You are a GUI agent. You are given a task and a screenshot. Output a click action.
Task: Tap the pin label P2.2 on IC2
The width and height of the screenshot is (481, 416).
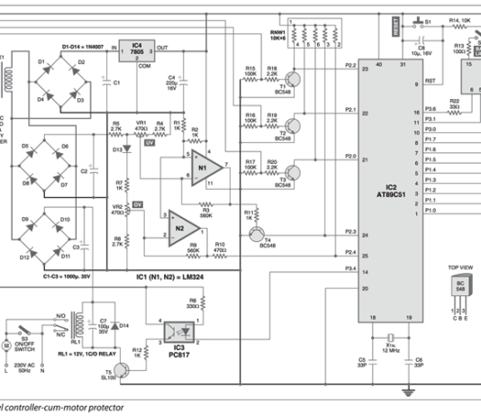point(350,66)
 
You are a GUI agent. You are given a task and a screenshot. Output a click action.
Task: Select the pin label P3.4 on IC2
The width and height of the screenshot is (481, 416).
point(350,269)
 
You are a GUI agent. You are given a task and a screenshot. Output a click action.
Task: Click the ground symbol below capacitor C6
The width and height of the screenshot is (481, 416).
point(408,390)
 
